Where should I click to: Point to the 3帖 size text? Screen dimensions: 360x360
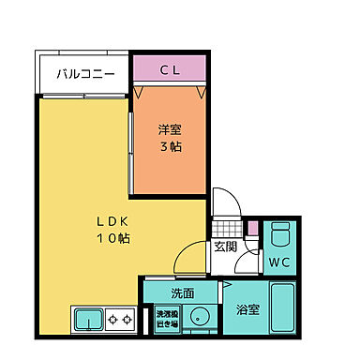point(170,149)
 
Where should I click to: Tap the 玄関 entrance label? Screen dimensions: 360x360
point(225,247)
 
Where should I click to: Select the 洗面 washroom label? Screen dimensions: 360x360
point(182,292)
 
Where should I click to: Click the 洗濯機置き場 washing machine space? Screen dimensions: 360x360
point(165,318)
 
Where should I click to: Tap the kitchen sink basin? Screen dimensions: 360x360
point(90,321)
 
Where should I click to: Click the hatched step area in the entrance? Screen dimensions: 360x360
point(225,228)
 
